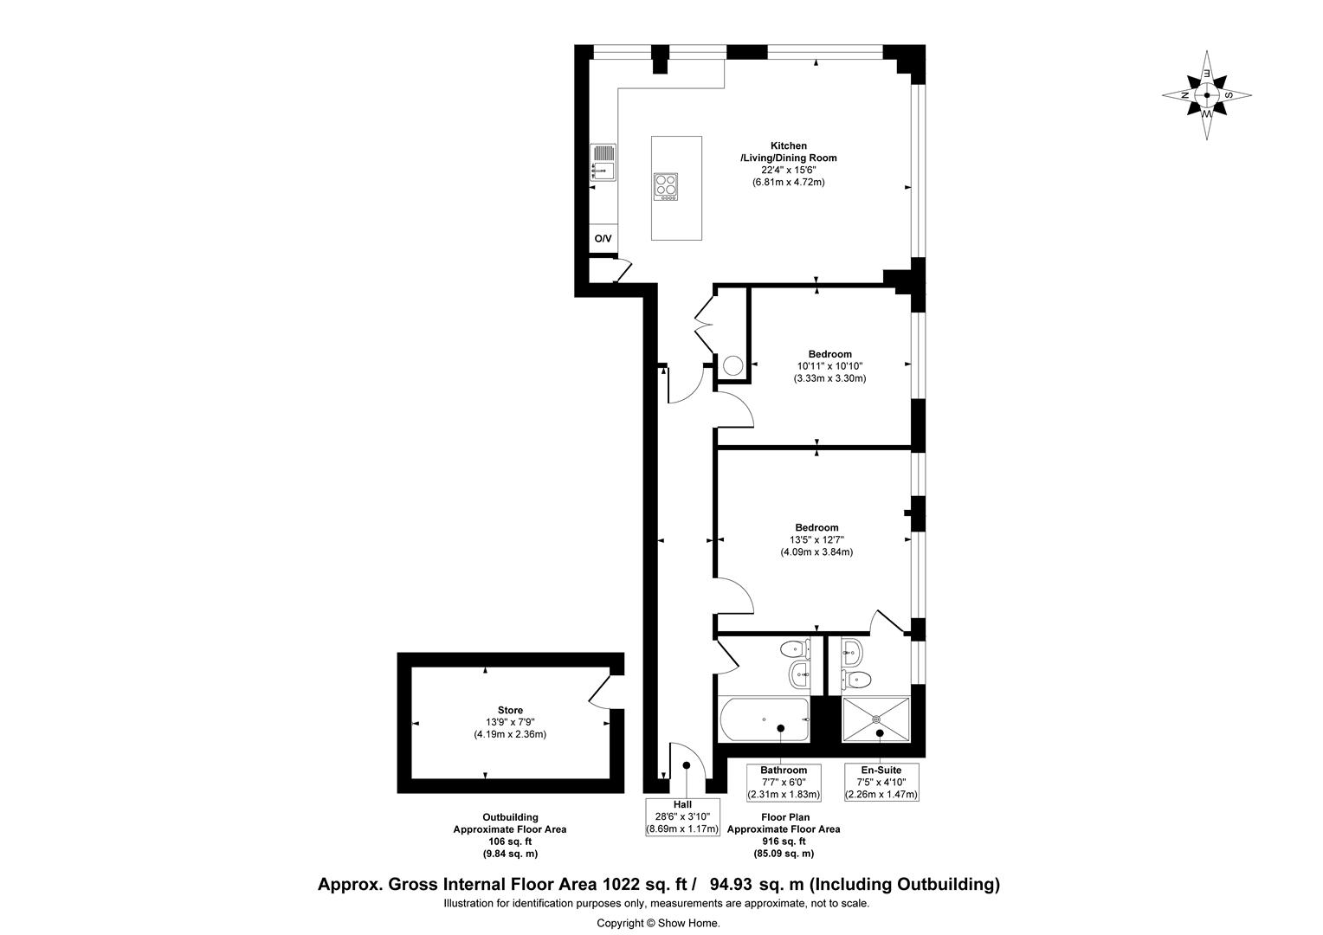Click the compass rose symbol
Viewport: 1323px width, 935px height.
pos(1206,95)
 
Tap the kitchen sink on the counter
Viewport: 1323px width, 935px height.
pos(603,163)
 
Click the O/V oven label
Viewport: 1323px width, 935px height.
pos(603,239)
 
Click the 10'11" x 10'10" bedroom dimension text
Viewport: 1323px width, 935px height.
pos(829,366)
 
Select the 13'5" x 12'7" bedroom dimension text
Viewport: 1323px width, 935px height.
pos(816,540)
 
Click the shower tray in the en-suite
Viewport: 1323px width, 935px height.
pos(876,719)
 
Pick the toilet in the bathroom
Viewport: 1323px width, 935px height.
pos(793,648)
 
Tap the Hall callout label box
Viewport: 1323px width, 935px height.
pos(683,816)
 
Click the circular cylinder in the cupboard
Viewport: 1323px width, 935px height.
pos(733,365)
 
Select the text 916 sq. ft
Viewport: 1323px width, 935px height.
pos(783,841)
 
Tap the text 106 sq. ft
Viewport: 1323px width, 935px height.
pos(510,841)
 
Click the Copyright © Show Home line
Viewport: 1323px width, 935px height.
pos(658,923)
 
